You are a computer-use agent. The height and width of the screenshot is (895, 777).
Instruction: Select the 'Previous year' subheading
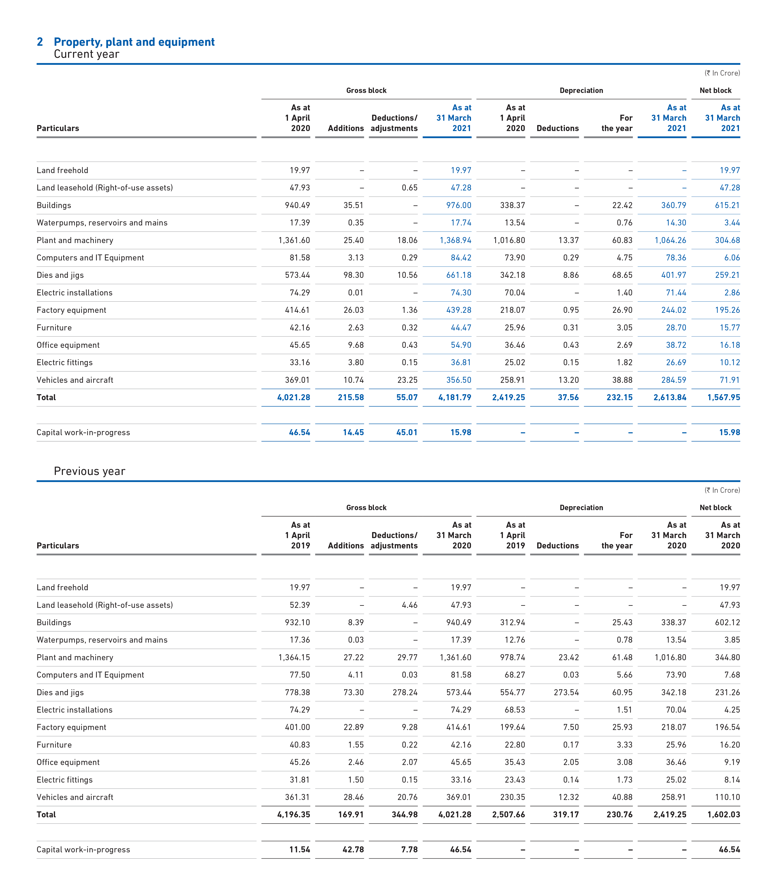[x=89, y=471]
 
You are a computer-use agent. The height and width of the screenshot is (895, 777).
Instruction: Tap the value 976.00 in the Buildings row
[x=459, y=205]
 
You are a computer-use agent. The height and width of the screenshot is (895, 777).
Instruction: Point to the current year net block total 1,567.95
[x=724, y=397]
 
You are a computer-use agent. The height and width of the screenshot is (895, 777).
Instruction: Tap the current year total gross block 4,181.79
[x=455, y=397]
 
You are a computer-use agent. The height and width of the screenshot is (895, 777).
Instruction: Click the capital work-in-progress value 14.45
[x=353, y=432]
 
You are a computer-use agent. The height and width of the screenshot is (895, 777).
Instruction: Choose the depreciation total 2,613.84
[x=670, y=397]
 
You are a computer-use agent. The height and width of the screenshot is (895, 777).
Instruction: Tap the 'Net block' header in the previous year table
[x=715, y=508]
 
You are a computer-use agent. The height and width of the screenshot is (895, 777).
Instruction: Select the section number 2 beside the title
[x=40, y=42]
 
